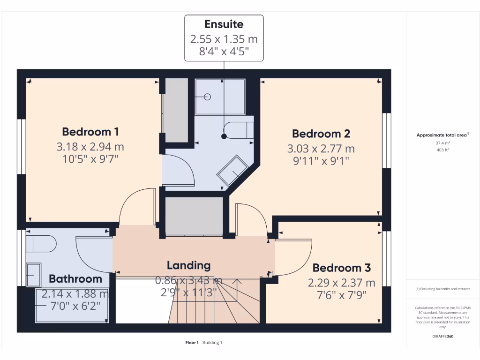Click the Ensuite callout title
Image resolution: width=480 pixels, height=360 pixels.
pos(224,24)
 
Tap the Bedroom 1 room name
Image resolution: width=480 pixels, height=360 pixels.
pos(90,131)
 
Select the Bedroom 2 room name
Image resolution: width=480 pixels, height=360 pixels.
pos(321,134)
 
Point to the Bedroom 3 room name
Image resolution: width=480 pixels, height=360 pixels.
pos(341,268)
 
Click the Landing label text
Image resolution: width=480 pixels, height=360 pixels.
pos(189,265)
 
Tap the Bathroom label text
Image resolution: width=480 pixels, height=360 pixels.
pos(75,279)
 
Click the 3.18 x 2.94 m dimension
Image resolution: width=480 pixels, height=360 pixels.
pos(90,147)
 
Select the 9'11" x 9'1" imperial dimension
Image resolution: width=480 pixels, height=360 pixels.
pos(321,161)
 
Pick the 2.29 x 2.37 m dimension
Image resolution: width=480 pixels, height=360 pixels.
pos(341,283)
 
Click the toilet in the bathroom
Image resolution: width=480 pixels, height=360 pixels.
pos(41,244)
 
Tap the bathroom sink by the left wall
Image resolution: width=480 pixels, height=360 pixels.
pos(34,274)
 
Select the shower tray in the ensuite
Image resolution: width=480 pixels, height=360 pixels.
pos(219,97)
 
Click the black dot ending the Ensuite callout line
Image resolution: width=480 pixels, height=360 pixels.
pos(224,136)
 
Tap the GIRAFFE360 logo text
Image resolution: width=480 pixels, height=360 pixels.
pos(443,337)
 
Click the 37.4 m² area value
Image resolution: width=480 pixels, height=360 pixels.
pos(442,143)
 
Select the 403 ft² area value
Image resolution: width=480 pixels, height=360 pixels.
pos(442,150)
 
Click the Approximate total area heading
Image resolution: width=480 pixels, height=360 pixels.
pos(442,135)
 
